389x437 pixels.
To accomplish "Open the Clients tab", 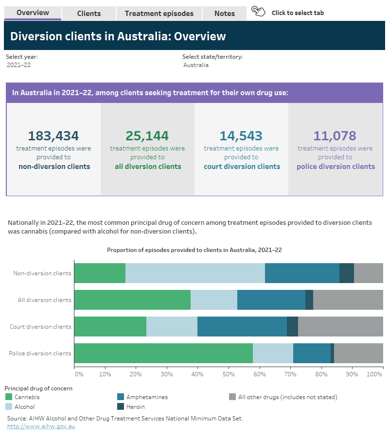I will [89, 14].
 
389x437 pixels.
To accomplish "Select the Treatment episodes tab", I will [159, 14].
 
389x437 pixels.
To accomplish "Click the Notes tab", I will [224, 14].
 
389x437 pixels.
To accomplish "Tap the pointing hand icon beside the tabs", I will [258, 12].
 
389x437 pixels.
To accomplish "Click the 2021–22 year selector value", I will [18, 65].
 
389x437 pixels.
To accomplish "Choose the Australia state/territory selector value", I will [196, 65].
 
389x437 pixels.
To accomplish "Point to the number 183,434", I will [53, 136].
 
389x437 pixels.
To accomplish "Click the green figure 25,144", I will [147, 136].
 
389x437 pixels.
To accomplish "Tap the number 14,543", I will [241, 136].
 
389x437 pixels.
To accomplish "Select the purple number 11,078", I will [336, 136].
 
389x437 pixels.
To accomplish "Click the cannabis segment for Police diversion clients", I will [163, 353].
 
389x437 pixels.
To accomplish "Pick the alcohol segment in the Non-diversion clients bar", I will [195, 273].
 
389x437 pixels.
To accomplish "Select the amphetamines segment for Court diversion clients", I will [242, 326].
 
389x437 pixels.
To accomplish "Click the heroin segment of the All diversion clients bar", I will [309, 300].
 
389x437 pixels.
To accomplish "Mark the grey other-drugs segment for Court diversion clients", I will [340, 326].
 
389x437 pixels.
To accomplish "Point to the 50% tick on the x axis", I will [229, 374].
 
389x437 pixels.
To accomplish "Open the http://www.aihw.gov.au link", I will [41, 426].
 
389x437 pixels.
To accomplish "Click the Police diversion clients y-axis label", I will [40, 353].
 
